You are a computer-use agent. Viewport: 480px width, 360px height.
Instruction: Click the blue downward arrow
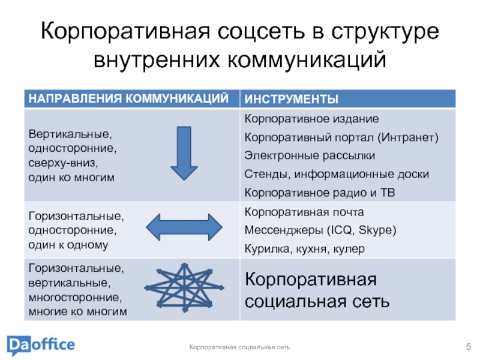[184, 153]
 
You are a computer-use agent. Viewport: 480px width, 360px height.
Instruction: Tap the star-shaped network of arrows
[185, 287]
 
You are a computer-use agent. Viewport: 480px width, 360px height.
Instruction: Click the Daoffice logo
[41, 345]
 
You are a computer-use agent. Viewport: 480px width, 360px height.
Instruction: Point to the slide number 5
[468, 346]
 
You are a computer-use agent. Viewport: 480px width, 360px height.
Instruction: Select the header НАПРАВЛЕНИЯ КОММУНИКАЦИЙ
[128, 98]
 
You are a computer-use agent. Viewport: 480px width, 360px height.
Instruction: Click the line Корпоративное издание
[311, 119]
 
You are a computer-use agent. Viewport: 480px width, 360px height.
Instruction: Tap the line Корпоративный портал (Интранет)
[341, 137]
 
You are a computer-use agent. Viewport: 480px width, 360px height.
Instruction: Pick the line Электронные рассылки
[310, 155]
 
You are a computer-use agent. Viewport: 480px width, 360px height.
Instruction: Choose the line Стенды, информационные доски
[337, 174]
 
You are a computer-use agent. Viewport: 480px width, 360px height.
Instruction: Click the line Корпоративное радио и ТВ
[320, 193]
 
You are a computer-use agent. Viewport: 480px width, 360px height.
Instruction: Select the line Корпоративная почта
[304, 212]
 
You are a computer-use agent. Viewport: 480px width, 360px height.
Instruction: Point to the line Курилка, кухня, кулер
[304, 248]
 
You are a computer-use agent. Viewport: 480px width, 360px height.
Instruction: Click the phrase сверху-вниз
[63, 163]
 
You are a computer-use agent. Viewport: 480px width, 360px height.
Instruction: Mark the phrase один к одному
[68, 245]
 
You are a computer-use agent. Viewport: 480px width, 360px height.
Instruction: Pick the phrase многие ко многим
[78, 312]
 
